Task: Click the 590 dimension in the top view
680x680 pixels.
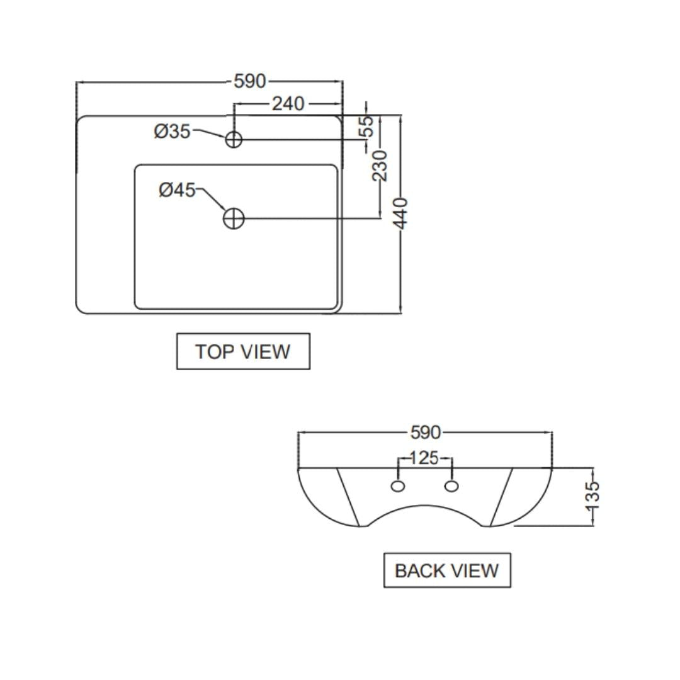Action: tap(250, 81)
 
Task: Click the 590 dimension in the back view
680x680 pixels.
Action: tap(426, 433)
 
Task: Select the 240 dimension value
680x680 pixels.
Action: tap(288, 103)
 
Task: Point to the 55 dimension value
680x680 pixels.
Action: tap(366, 126)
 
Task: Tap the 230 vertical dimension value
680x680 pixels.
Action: tap(380, 165)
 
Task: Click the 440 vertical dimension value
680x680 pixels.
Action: tap(401, 213)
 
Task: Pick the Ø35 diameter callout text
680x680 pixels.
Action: tap(172, 132)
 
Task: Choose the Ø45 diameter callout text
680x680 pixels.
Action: tap(177, 190)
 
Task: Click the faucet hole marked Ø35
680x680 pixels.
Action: tap(234, 139)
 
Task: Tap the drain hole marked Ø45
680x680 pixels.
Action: tap(234, 218)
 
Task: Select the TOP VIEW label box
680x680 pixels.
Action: tap(243, 351)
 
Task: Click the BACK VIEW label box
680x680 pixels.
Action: tap(447, 570)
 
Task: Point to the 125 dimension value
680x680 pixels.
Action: tap(424, 458)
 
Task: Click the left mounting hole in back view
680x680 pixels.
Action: tap(398, 486)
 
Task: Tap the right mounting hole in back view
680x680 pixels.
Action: tap(451, 486)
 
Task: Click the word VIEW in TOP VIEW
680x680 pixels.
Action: tap(267, 351)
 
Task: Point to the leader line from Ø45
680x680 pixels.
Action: tap(213, 200)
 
